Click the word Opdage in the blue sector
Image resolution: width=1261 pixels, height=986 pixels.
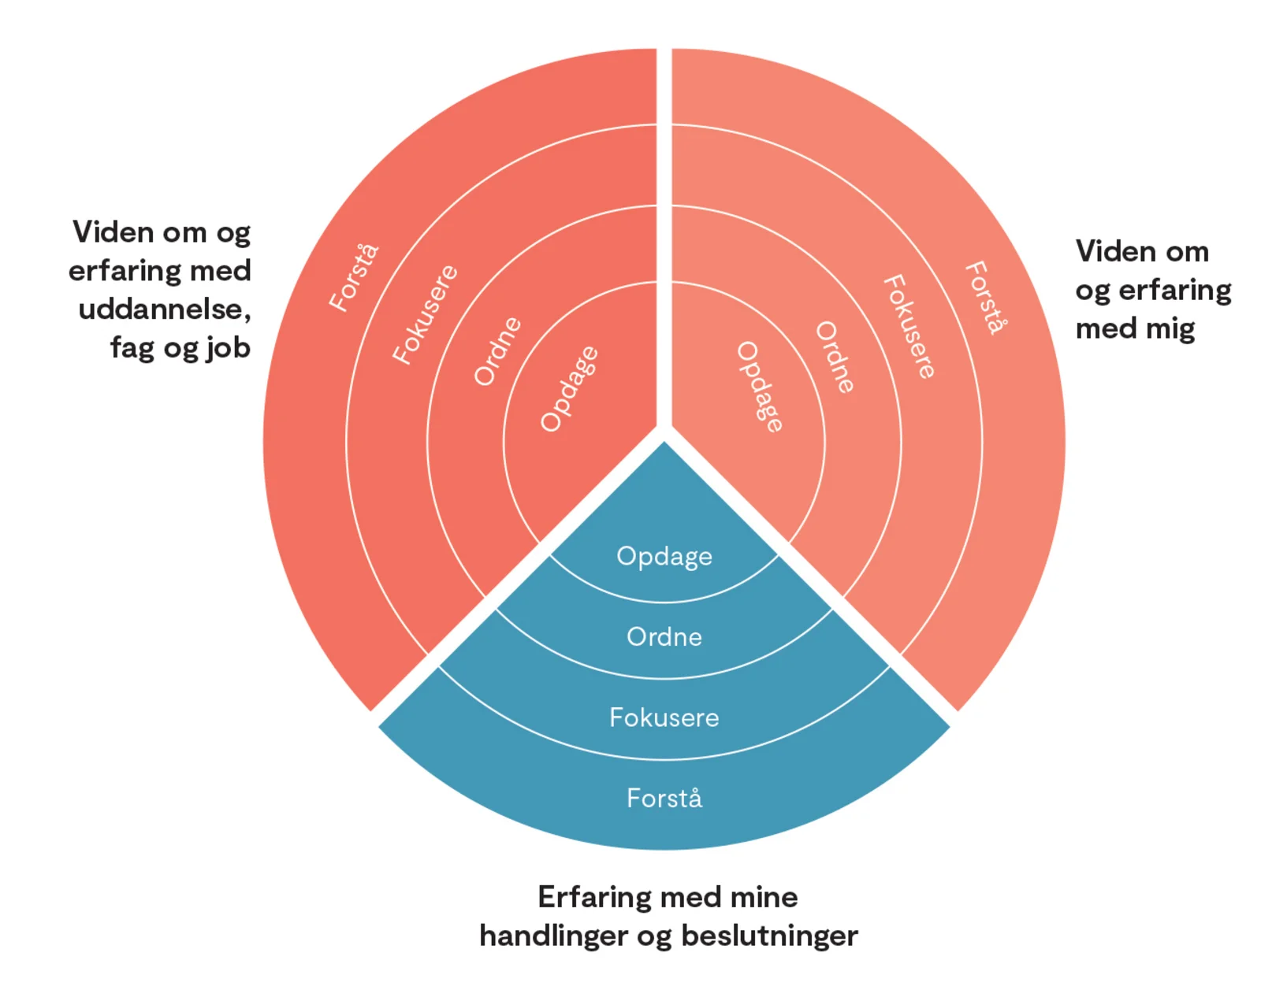(x=664, y=556)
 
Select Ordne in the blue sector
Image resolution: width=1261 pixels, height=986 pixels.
(x=664, y=636)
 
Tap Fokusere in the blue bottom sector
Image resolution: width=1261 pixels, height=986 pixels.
(x=664, y=717)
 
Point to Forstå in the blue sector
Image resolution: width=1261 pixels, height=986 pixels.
(x=664, y=799)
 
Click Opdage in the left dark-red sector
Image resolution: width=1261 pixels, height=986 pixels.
(x=569, y=389)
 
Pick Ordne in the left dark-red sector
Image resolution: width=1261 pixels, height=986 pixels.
(x=497, y=351)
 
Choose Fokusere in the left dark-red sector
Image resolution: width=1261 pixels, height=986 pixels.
(x=425, y=314)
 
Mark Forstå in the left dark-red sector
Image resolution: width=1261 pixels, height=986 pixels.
(x=354, y=278)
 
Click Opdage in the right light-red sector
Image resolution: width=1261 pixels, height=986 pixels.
(x=760, y=387)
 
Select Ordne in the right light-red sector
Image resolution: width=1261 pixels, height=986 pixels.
(x=835, y=357)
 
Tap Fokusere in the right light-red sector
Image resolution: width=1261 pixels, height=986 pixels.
(x=909, y=327)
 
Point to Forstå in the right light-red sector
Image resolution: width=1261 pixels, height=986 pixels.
(x=986, y=298)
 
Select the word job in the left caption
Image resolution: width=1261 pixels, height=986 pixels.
(x=229, y=347)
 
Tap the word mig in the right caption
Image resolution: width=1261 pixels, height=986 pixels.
(x=1170, y=328)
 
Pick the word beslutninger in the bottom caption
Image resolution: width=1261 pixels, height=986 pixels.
(x=769, y=936)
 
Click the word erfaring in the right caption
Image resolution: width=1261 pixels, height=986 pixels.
(x=1174, y=290)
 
